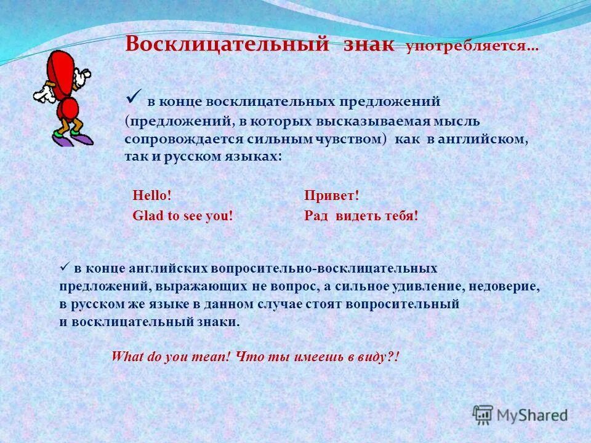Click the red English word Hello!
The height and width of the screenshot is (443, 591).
coord(152,196)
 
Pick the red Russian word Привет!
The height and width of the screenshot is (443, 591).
coord(331,196)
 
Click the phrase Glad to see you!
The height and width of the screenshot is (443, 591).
coord(183,216)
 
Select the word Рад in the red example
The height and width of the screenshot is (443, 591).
coord(316,216)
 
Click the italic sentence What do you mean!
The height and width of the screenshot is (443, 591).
coord(171,357)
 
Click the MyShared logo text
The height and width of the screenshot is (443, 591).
coord(533,415)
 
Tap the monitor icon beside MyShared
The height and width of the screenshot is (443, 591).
coord(483,414)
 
